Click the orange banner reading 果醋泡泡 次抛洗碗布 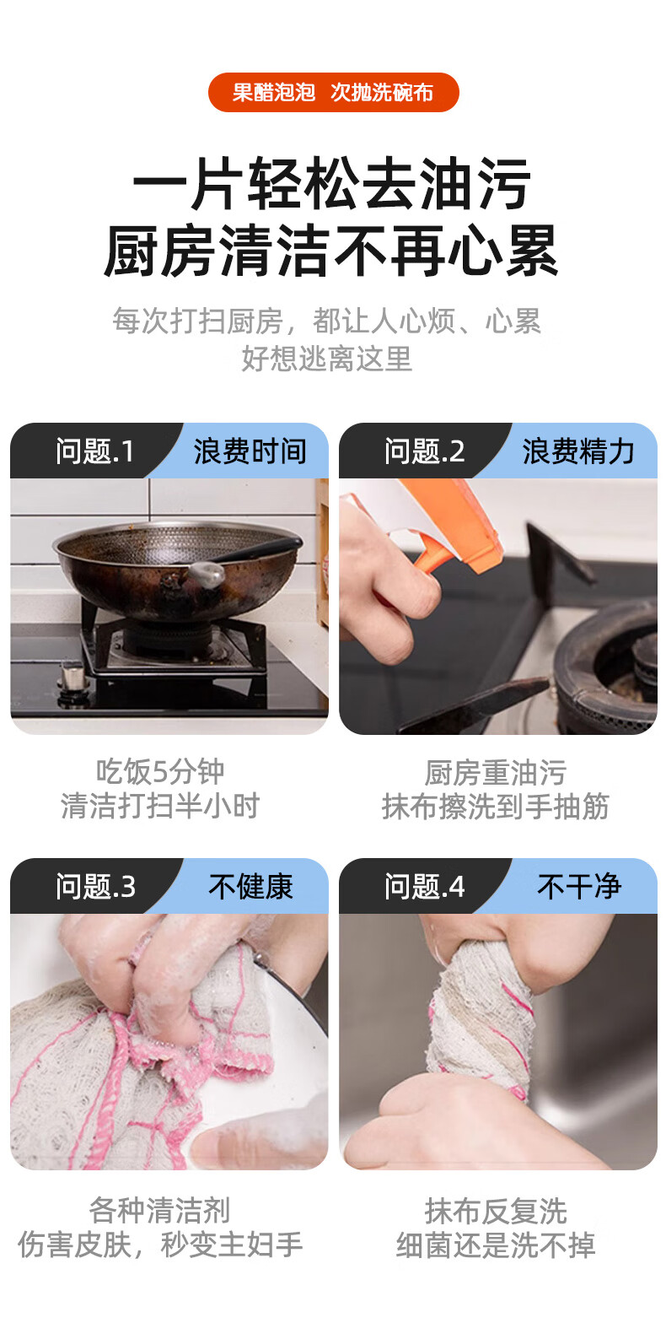coord(333,92)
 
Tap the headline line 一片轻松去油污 coord(332,184)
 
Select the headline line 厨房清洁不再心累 coord(331,251)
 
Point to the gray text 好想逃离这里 coord(327,359)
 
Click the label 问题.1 coord(95,452)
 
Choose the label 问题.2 coord(424,452)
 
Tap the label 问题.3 coord(95,887)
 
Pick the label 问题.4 coord(424,887)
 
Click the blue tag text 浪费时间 coord(250,452)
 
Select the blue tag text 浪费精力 coord(578,452)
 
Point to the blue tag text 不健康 coord(250,887)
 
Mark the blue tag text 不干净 coord(579,887)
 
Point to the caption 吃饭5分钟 coord(160,771)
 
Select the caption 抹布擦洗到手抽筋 coord(496,807)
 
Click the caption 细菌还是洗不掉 coord(496,1245)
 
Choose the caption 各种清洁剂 coord(160,1210)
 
